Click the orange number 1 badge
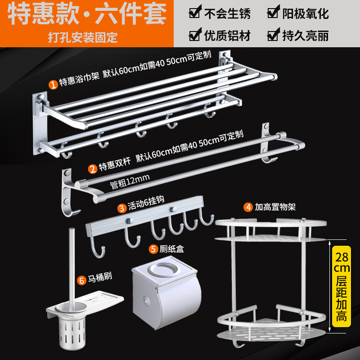pos(53,84)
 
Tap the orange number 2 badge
pos(92,169)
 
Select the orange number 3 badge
pos(121,207)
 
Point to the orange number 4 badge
pos(248,207)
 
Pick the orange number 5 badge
pos(153,248)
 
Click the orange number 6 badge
pos(81,280)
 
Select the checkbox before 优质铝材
pos(195,35)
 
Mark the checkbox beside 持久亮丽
pos(272,35)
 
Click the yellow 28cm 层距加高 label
pos(341,283)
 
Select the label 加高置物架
pos(274,207)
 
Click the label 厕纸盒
pos(173,248)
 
